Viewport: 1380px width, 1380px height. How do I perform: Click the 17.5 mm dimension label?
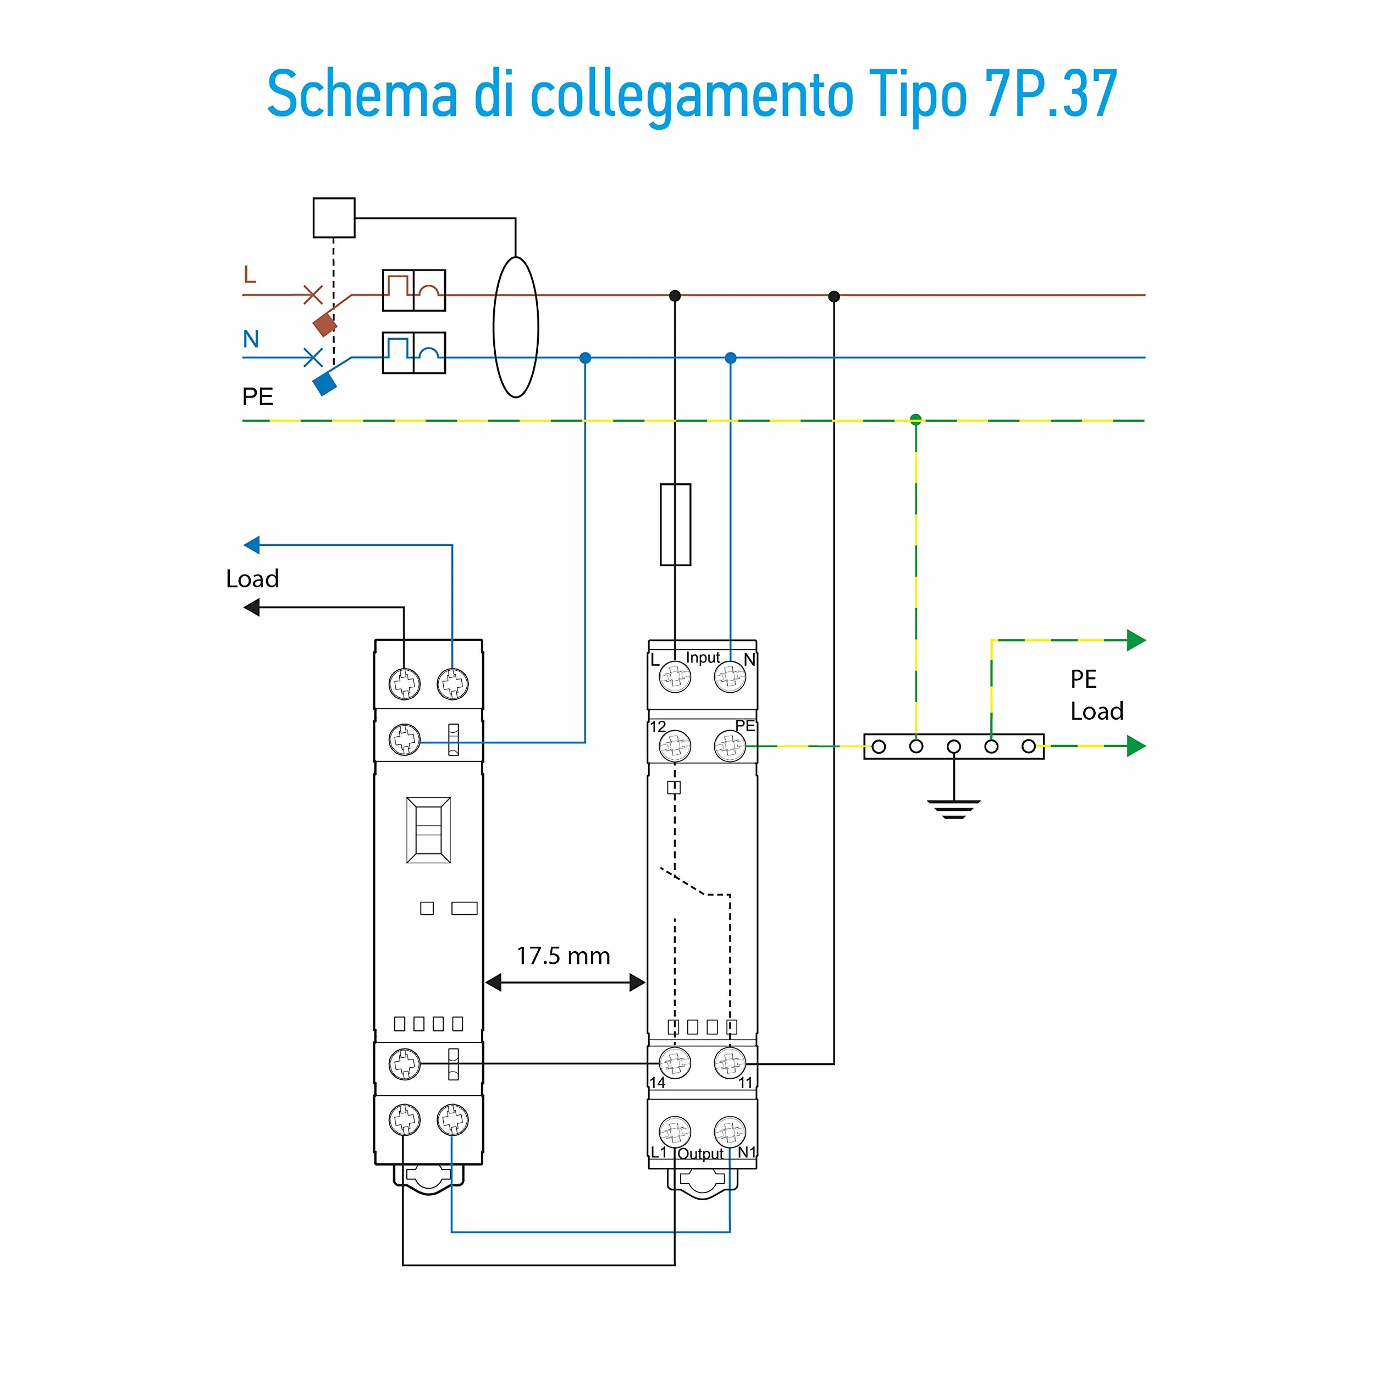tap(563, 956)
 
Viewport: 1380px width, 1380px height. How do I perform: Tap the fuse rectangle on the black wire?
tap(675, 525)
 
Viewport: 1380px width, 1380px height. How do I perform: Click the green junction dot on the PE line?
tap(916, 419)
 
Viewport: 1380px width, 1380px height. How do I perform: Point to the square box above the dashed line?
tap(334, 218)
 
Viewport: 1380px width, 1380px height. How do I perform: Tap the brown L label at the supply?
tap(249, 274)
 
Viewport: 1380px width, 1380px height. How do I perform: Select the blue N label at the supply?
tap(251, 339)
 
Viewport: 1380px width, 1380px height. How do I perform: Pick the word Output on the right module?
tap(700, 1153)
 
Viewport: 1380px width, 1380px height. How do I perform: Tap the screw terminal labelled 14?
tap(674, 1063)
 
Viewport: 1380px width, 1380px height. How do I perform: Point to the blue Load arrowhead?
tap(251, 545)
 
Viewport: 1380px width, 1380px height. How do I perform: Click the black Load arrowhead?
tap(251, 607)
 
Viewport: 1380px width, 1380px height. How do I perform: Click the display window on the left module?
tap(429, 830)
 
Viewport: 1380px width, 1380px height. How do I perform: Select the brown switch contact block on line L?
tap(325, 324)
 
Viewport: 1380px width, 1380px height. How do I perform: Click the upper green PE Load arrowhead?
tap(1136, 640)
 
